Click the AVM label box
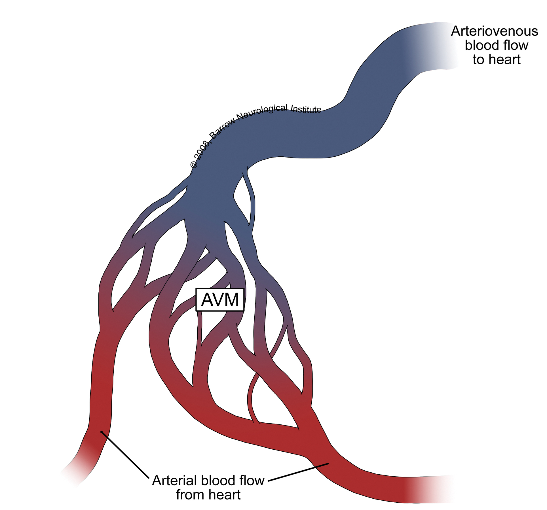pos(220,300)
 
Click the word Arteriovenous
pos(494,31)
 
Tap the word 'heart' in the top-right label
pos(504,60)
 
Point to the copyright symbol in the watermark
pos(194,165)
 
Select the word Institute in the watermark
pos(306,109)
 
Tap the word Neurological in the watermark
pos(262,112)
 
